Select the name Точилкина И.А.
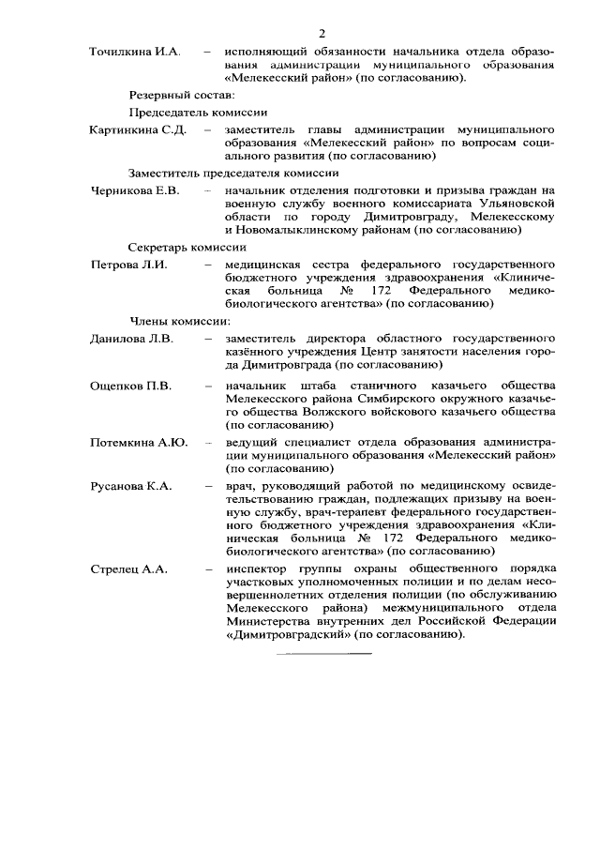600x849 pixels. pos(133,51)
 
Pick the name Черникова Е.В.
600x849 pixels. pos(134,190)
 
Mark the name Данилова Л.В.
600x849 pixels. pos(131,338)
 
